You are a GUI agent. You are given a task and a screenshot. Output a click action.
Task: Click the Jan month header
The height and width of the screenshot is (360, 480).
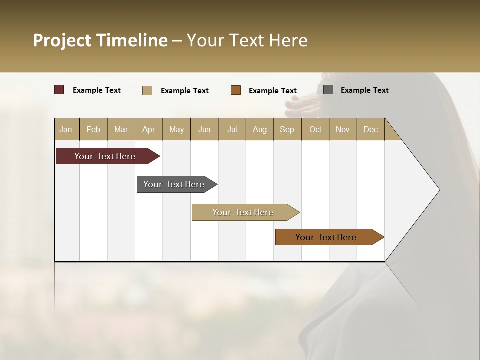(x=66, y=129)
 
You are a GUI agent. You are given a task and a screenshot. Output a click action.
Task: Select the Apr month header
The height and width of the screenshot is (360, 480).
(x=148, y=129)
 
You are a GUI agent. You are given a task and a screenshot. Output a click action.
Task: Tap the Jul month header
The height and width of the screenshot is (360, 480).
(x=232, y=129)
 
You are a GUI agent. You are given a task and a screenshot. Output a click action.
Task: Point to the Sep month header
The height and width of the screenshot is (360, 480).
(x=287, y=129)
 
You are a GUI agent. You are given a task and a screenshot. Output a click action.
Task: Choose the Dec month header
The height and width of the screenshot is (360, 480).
(x=370, y=129)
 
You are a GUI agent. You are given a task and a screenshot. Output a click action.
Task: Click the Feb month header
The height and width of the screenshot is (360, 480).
(x=93, y=129)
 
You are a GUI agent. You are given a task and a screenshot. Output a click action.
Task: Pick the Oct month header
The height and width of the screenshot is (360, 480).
(x=315, y=129)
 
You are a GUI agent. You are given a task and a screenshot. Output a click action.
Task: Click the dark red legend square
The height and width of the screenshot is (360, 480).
(x=59, y=90)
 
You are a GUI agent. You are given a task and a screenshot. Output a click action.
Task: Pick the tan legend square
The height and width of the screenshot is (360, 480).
(x=147, y=90)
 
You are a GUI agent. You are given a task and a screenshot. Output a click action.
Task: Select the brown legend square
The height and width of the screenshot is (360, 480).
(x=236, y=90)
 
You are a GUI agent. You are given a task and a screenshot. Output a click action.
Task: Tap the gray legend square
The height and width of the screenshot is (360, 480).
(x=328, y=90)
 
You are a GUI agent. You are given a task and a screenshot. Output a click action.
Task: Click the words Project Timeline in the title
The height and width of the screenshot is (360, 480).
(x=100, y=40)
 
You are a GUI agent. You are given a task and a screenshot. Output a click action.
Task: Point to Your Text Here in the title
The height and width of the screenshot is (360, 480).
(x=247, y=40)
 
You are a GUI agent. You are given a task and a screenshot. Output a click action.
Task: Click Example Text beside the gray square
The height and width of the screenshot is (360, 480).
(x=364, y=90)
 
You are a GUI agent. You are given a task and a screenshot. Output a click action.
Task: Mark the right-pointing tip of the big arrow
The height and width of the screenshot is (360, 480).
(x=438, y=189)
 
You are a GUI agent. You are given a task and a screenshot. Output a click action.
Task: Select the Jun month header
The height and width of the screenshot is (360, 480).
(x=204, y=129)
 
